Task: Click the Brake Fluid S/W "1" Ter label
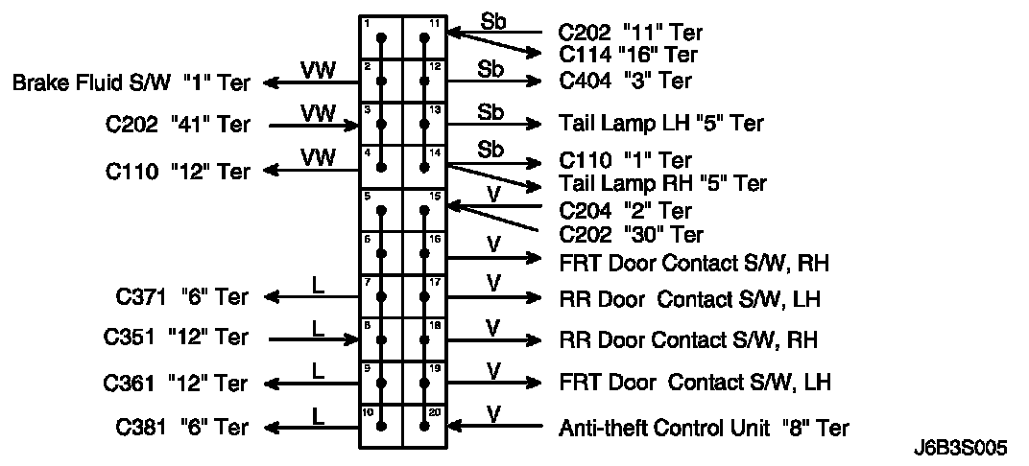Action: [x=131, y=83]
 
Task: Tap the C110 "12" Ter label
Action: [x=178, y=172]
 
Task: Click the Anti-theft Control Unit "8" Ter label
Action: [x=704, y=428]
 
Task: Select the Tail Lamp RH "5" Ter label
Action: [x=662, y=183]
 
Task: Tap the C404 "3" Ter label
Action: [x=625, y=82]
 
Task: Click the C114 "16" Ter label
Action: [x=629, y=55]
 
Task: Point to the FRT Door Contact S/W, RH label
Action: [x=694, y=261]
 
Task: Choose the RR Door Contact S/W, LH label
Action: [x=689, y=298]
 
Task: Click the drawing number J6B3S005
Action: [x=962, y=448]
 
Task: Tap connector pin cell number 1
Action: [x=380, y=38]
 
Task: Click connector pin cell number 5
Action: [x=380, y=210]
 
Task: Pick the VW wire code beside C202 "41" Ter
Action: [x=318, y=113]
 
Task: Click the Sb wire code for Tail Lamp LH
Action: [x=491, y=111]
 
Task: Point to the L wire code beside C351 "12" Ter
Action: [x=319, y=328]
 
